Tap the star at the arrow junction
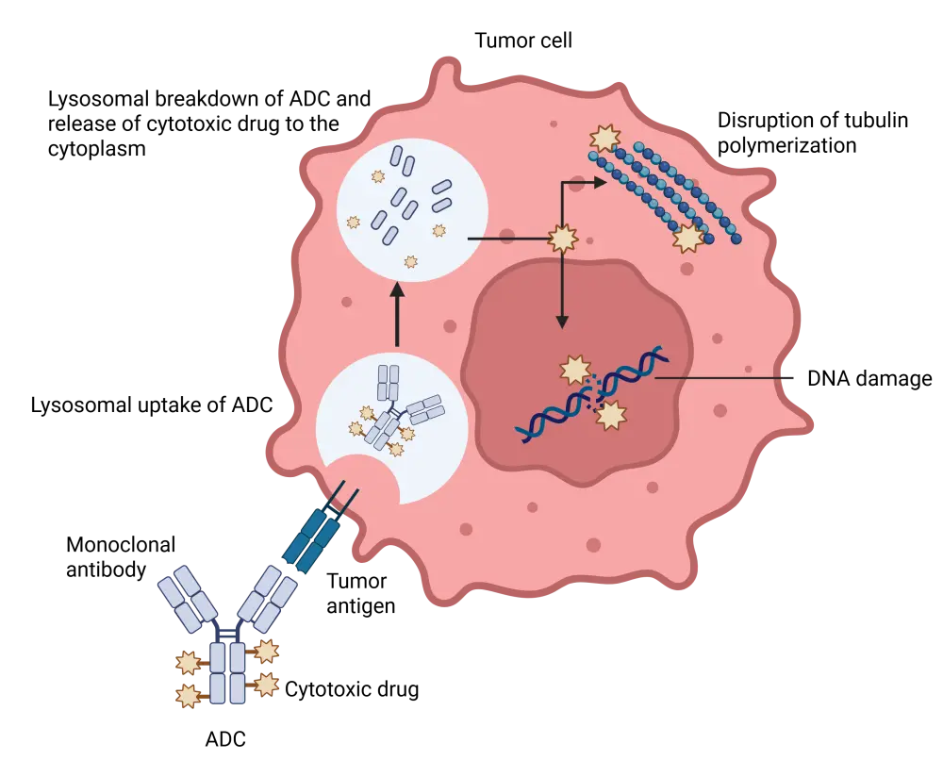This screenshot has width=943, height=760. (563, 239)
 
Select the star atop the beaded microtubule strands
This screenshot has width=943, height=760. (604, 140)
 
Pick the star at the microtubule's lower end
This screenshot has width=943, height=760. (688, 238)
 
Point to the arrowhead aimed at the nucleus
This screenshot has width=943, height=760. (562, 322)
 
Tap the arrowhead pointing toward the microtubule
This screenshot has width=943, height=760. (600, 182)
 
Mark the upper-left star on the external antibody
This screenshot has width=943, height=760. (189, 663)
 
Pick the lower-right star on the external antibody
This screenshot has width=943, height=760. (267, 685)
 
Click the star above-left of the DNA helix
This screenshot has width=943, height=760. (575, 370)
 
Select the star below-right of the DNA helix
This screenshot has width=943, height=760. (611, 415)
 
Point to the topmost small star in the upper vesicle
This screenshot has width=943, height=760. (378, 176)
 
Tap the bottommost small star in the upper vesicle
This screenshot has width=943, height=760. (410, 261)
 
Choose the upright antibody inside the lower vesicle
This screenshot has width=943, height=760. (388, 383)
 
